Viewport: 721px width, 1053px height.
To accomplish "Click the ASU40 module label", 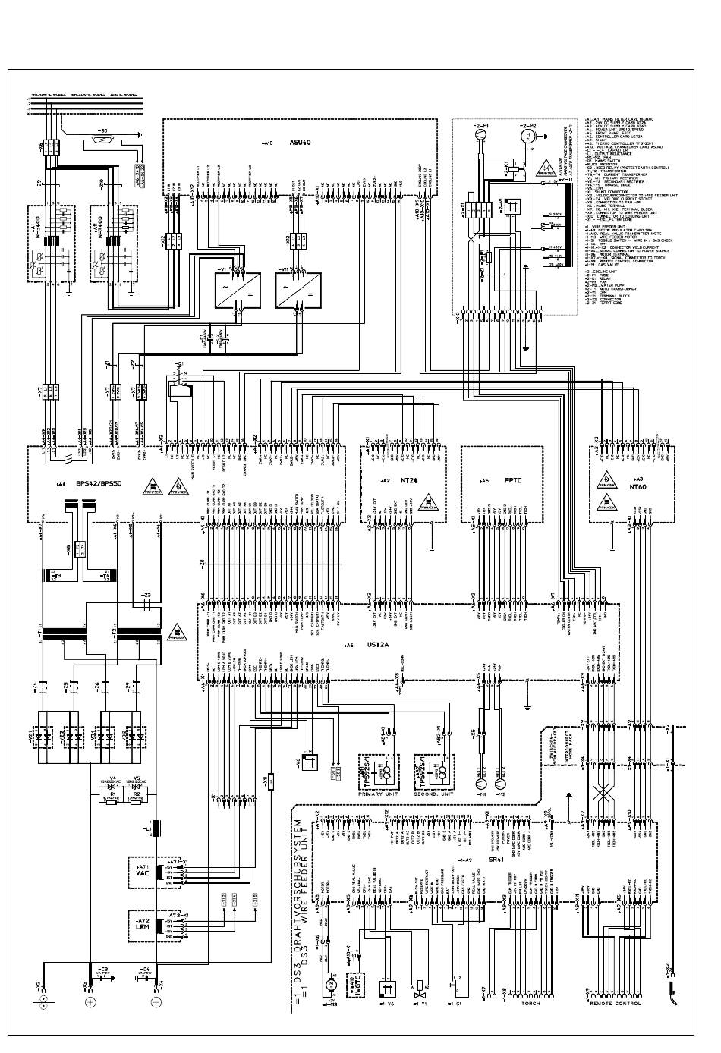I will pyautogui.click(x=300, y=142).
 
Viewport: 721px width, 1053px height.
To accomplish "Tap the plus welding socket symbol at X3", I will pyautogui.click(x=90, y=1002).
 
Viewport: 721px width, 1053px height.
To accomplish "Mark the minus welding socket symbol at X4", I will pyautogui.click(x=156, y=1002).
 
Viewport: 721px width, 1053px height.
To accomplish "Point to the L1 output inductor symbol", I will pyautogui.click(x=157, y=828).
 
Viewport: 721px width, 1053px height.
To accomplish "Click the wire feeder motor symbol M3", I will pyautogui.click(x=329, y=984).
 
